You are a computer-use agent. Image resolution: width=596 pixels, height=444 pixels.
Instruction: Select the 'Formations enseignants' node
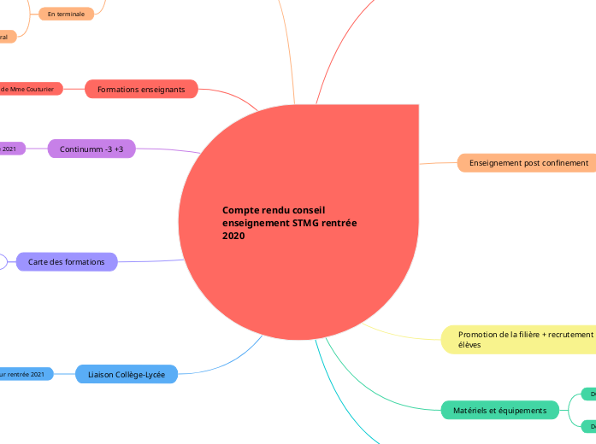pyautogui.click(x=141, y=89)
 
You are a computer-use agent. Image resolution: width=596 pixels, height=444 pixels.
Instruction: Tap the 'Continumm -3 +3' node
pyautogui.click(x=91, y=149)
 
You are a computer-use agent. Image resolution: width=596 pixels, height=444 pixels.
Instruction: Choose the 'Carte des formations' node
pyautogui.click(x=67, y=261)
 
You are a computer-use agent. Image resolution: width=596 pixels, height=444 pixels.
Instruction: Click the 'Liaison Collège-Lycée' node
pyautogui.click(x=127, y=374)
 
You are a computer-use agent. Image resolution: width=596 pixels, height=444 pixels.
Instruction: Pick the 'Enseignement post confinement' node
pyautogui.click(x=526, y=162)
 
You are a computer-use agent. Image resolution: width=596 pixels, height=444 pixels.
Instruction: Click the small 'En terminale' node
pyautogui.click(x=66, y=15)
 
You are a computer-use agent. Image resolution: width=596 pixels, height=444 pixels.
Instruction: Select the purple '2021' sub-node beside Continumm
pyautogui.click(x=10, y=149)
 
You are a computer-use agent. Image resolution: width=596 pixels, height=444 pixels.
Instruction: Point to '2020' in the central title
pyautogui.click(x=233, y=236)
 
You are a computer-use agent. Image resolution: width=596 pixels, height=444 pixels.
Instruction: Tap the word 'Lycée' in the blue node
pyautogui.click(x=153, y=374)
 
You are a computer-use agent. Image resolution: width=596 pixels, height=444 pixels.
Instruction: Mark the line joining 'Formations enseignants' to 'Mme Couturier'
pyautogui.click(x=74, y=89)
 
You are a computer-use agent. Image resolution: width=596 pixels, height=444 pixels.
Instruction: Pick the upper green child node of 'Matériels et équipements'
pyautogui.click(x=588, y=394)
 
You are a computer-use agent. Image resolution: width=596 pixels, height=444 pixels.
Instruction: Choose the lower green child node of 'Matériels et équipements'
pyautogui.click(x=588, y=426)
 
